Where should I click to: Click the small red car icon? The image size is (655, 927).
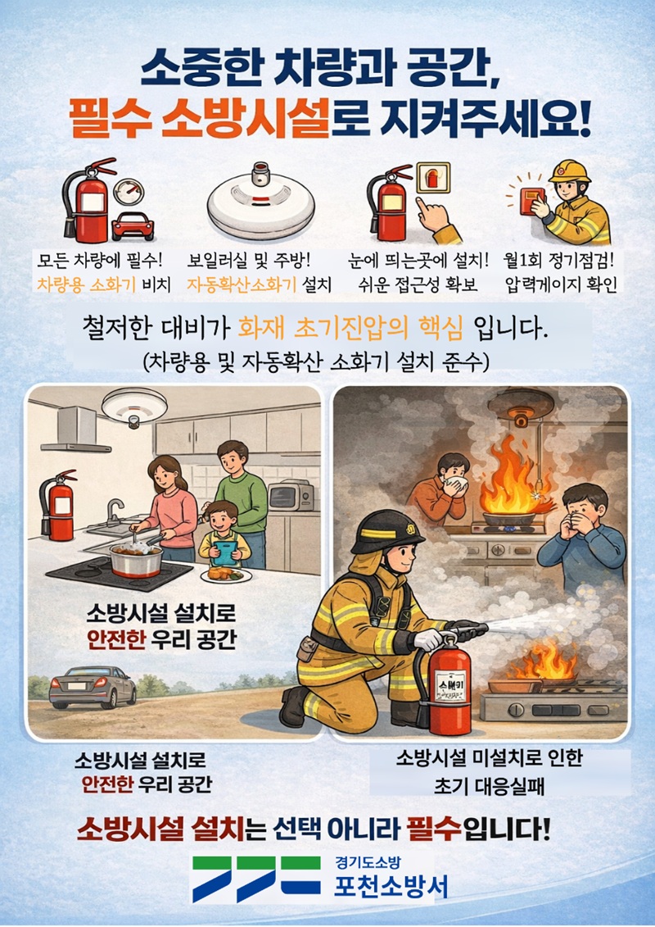(x=133, y=226)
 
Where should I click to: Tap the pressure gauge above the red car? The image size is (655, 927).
(x=129, y=193)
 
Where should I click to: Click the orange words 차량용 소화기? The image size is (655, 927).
(x=86, y=285)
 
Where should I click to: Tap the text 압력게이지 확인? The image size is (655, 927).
(x=561, y=285)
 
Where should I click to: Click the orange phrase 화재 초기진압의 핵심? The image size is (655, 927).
(x=350, y=329)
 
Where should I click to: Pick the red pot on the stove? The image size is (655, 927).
(x=136, y=559)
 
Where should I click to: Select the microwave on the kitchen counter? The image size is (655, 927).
(x=291, y=495)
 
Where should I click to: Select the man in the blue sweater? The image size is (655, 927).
(x=581, y=535)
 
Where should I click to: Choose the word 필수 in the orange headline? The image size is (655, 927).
(x=111, y=120)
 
